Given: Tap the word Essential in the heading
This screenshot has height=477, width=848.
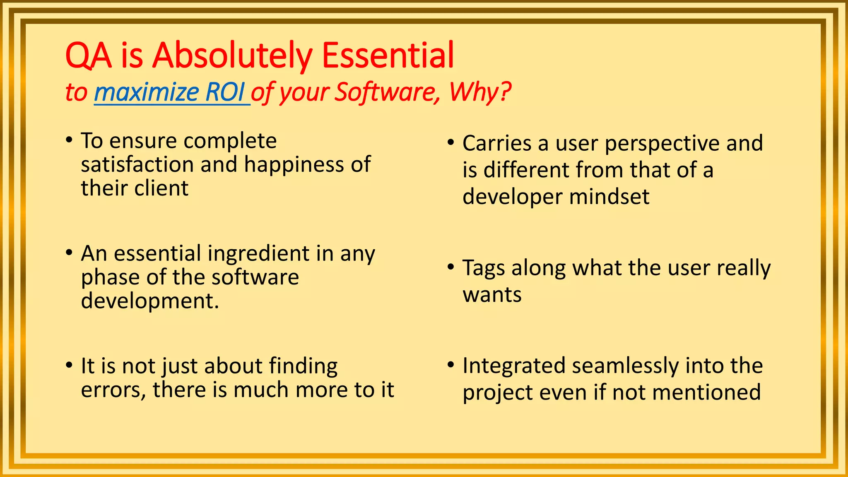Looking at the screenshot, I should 388,55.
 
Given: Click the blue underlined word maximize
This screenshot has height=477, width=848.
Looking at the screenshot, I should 147,92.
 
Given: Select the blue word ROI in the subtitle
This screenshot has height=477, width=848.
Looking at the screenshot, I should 225,92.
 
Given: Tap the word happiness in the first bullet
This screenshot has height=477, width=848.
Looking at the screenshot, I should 294,165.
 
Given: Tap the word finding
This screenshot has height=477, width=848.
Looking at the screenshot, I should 303,366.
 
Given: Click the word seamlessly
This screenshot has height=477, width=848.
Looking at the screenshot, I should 625,366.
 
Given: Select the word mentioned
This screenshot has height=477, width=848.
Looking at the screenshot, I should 706,393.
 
